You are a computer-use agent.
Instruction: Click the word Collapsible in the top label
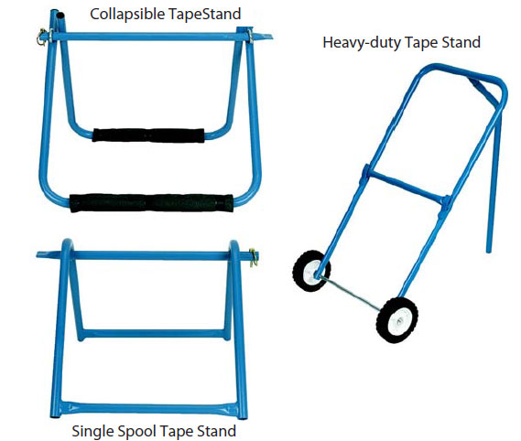pos(127,15)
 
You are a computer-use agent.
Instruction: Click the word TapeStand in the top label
pos(205,15)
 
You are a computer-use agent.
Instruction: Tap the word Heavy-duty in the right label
pos(362,43)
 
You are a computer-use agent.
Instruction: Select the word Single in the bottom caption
pos(92,431)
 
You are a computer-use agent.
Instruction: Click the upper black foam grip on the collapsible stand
pos(148,135)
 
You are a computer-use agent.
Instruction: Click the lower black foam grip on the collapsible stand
pos(151,202)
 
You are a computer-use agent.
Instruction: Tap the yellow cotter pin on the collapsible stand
pos(42,37)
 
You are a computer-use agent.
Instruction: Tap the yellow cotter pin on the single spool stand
pos(254,257)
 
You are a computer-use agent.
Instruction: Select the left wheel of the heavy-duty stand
pos(311,271)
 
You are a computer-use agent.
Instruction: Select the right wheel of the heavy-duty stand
pos(397,320)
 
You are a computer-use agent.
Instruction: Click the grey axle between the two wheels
pos(353,294)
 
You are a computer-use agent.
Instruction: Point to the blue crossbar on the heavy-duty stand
pos(406,186)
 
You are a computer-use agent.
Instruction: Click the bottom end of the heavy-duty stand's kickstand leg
pos(488,251)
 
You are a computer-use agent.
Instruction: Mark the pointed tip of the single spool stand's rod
pos(38,254)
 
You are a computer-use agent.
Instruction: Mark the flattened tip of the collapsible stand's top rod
pos(270,36)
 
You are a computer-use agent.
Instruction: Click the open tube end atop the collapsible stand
pos(60,16)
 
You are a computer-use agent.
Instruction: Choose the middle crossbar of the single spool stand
pos(154,333)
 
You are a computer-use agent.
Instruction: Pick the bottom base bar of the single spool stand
pos(149,408)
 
